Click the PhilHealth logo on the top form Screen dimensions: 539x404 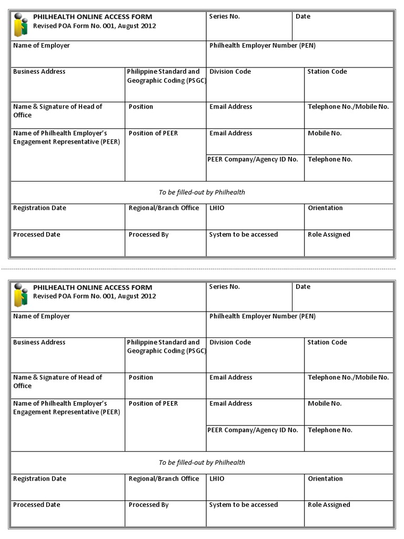tap(21, 26)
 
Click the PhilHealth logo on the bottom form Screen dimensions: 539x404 tap(21, 296)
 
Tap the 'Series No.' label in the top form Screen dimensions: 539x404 tap(224, 16)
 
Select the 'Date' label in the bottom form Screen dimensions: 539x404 tap(303, 287)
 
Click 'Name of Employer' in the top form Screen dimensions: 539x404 tap(42, 46)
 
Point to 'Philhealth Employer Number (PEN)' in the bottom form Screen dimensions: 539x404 tap(262, 316)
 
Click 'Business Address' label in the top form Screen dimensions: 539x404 tap(39, 72)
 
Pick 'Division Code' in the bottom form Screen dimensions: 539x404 tap(230, 342)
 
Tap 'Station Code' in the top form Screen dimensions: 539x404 tap(327, 72)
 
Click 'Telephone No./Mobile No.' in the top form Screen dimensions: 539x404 tap(348, 107)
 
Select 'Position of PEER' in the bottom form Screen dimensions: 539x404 tap(153, 404)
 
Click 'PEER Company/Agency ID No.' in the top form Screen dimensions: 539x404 tap(253, 159)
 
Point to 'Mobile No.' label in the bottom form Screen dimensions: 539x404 tap(325, 404)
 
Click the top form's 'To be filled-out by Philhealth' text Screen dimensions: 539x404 tap(202, 193)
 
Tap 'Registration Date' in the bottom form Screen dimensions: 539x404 tap(39, 479)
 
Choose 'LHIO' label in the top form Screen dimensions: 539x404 tap(217, 208)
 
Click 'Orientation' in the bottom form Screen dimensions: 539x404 tap(325, 479)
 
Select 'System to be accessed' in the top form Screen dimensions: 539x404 tap(244, 235)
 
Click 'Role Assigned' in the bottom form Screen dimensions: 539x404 tap(329, 505)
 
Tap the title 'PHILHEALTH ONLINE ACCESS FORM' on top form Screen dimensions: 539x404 tap(93, 17)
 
